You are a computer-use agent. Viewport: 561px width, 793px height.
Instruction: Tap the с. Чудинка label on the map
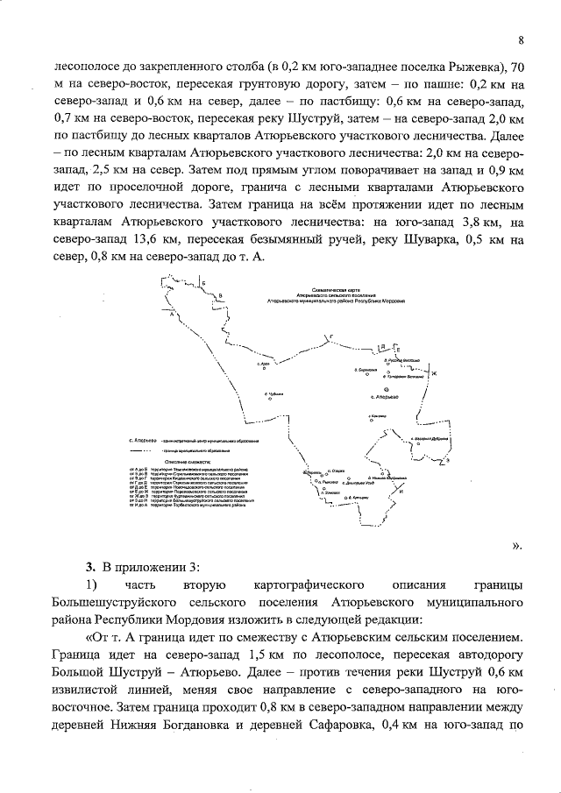[x=275, y=395]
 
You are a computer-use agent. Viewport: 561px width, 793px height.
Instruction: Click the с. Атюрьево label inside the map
[x=386, y=397]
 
